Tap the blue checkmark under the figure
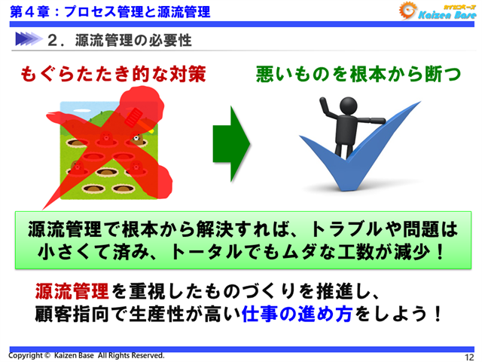tap(354, 162)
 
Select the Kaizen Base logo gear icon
tap(407, 13)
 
